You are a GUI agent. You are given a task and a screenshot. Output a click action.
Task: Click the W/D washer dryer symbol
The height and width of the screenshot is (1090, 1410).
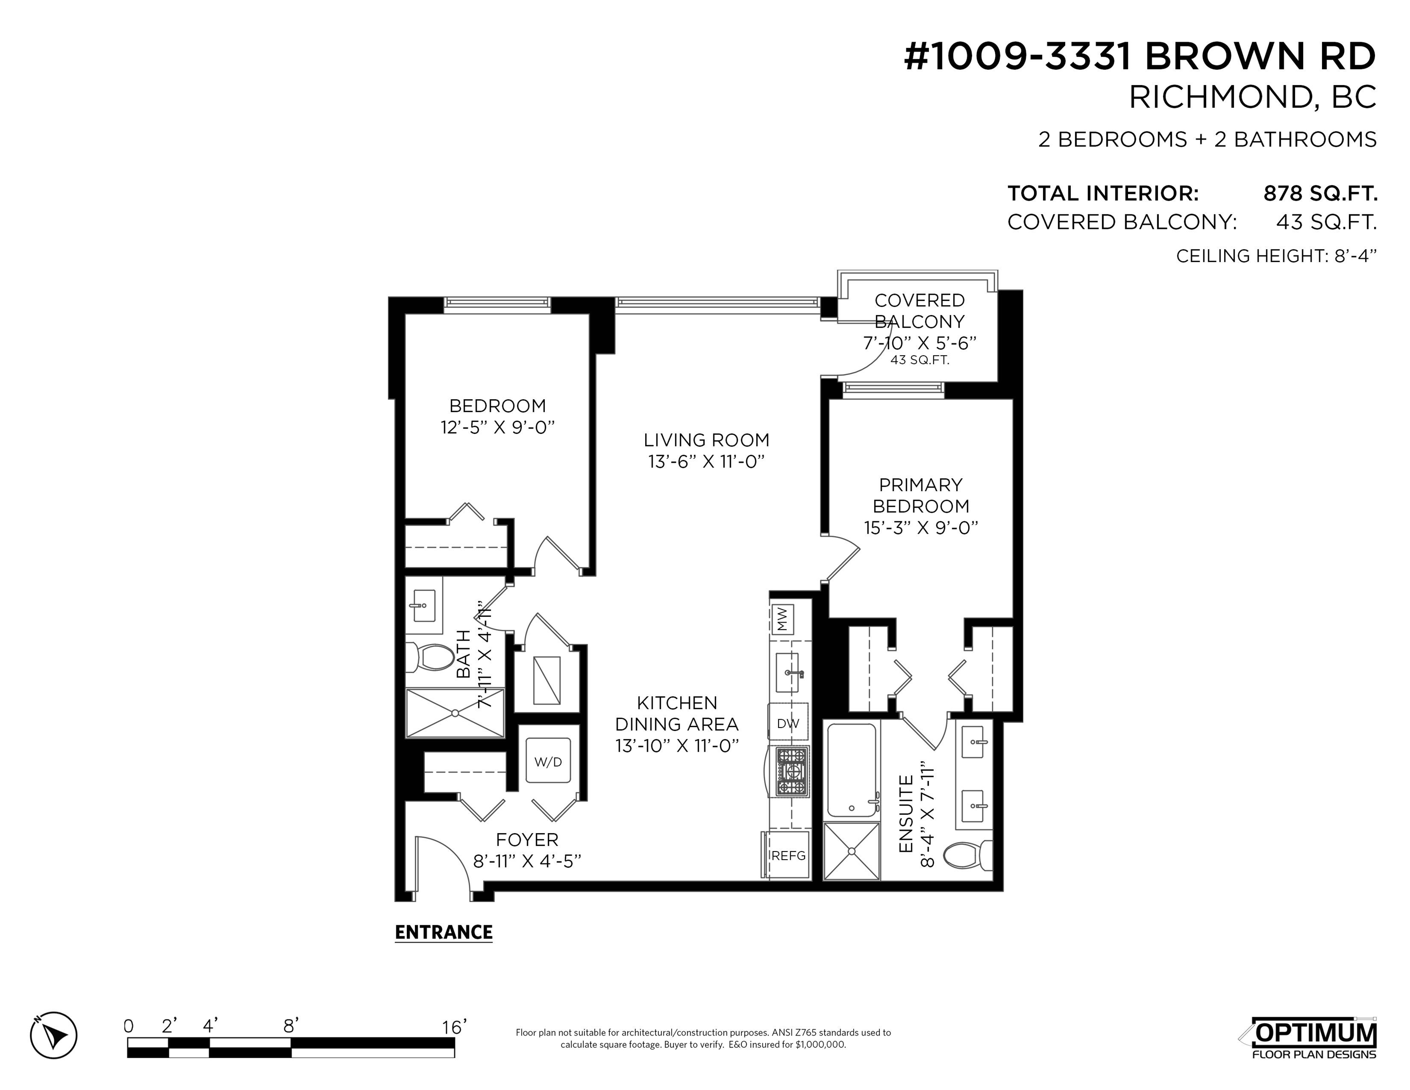548,761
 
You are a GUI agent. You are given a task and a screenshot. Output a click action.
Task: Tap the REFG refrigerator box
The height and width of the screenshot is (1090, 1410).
787,855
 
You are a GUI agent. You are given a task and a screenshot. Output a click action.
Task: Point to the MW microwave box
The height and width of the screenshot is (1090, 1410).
782,619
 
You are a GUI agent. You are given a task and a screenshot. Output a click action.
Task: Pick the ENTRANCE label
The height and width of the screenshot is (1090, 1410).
444,932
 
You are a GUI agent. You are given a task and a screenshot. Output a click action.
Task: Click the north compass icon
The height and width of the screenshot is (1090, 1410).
53,1035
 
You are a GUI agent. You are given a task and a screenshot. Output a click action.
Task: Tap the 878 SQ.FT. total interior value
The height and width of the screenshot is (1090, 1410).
1320,193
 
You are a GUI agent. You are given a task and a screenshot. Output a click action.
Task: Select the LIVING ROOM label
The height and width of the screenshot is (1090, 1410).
706,440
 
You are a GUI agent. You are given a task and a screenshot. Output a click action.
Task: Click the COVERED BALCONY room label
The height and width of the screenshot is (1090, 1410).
920,311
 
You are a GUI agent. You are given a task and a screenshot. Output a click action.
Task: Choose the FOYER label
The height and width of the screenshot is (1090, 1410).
527,839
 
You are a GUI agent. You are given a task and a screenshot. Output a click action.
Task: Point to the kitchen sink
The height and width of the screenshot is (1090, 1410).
789,672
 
